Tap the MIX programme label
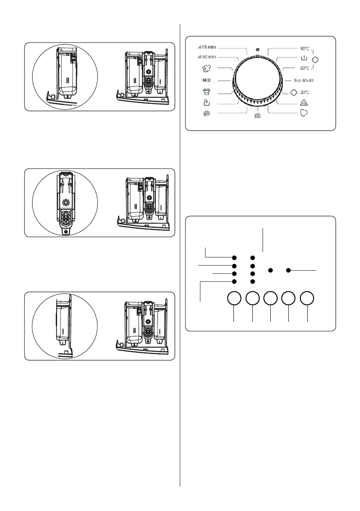click(x=206, y=80)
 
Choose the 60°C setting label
click(x=303, y=68)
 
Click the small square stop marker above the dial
click(x=257, y=49)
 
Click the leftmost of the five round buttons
click(x=234, y=299)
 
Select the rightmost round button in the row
click(x=307, y=299)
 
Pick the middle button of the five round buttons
click(x=271, y=299)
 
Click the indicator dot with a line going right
click(x=289, y=270)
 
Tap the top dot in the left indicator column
click(x=234, y=258)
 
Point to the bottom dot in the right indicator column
click(x=253, y=281)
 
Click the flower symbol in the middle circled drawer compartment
click(x=66, y=203)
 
